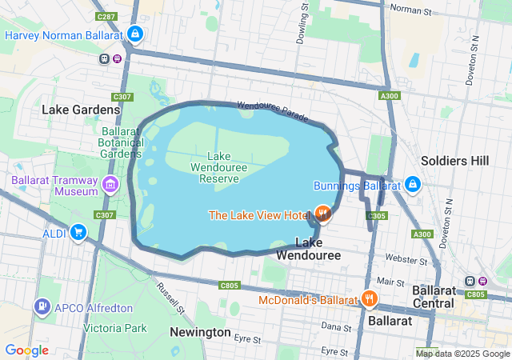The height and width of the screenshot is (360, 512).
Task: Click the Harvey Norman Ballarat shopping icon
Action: tap(136, 34)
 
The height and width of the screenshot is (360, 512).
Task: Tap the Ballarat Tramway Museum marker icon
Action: tap(110, 187)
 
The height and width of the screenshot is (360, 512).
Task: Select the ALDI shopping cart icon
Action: tap(78, 232)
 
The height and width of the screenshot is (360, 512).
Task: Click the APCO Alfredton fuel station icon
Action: tap(41, 306)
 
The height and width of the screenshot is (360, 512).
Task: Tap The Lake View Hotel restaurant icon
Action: tap(322, 214)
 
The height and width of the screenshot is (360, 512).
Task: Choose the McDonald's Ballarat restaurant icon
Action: tap(368, 299)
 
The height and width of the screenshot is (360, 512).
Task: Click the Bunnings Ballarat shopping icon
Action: tap(412, 185)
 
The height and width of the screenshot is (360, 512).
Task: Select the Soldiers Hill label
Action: tap(454, 161)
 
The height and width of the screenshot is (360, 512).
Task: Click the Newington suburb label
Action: tap(201, 332)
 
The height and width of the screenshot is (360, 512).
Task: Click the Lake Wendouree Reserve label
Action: tap(214, 167)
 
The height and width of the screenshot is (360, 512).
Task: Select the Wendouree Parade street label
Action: tap(272, 111)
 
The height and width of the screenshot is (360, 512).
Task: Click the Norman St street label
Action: tap(412, 9)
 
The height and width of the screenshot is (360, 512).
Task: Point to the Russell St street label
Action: tap(170, 298)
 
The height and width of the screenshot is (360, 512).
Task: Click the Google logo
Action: tap(26, 350)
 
